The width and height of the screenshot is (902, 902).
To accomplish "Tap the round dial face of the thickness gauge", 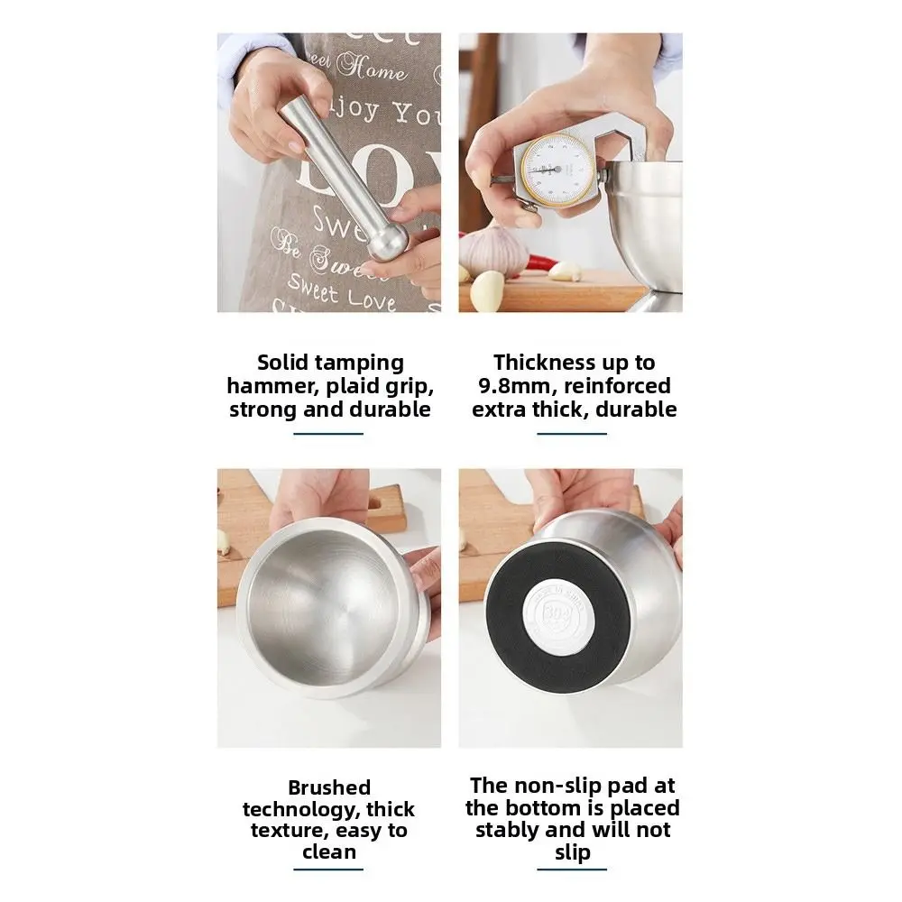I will [x=553, y=170].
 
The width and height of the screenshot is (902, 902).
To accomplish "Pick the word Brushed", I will [x=329, y=787].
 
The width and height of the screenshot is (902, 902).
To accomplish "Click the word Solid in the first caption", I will [x=281, y=363].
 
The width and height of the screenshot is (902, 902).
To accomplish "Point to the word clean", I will [x=329, y=851].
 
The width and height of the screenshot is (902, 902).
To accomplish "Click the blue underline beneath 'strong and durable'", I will [x=329, y=434].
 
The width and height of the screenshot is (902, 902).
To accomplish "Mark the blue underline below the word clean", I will [x=329, y=870].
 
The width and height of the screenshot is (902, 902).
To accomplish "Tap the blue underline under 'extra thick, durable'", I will [x=572, y=434].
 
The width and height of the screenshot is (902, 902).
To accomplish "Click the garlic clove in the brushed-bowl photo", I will [x=223, y=541].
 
